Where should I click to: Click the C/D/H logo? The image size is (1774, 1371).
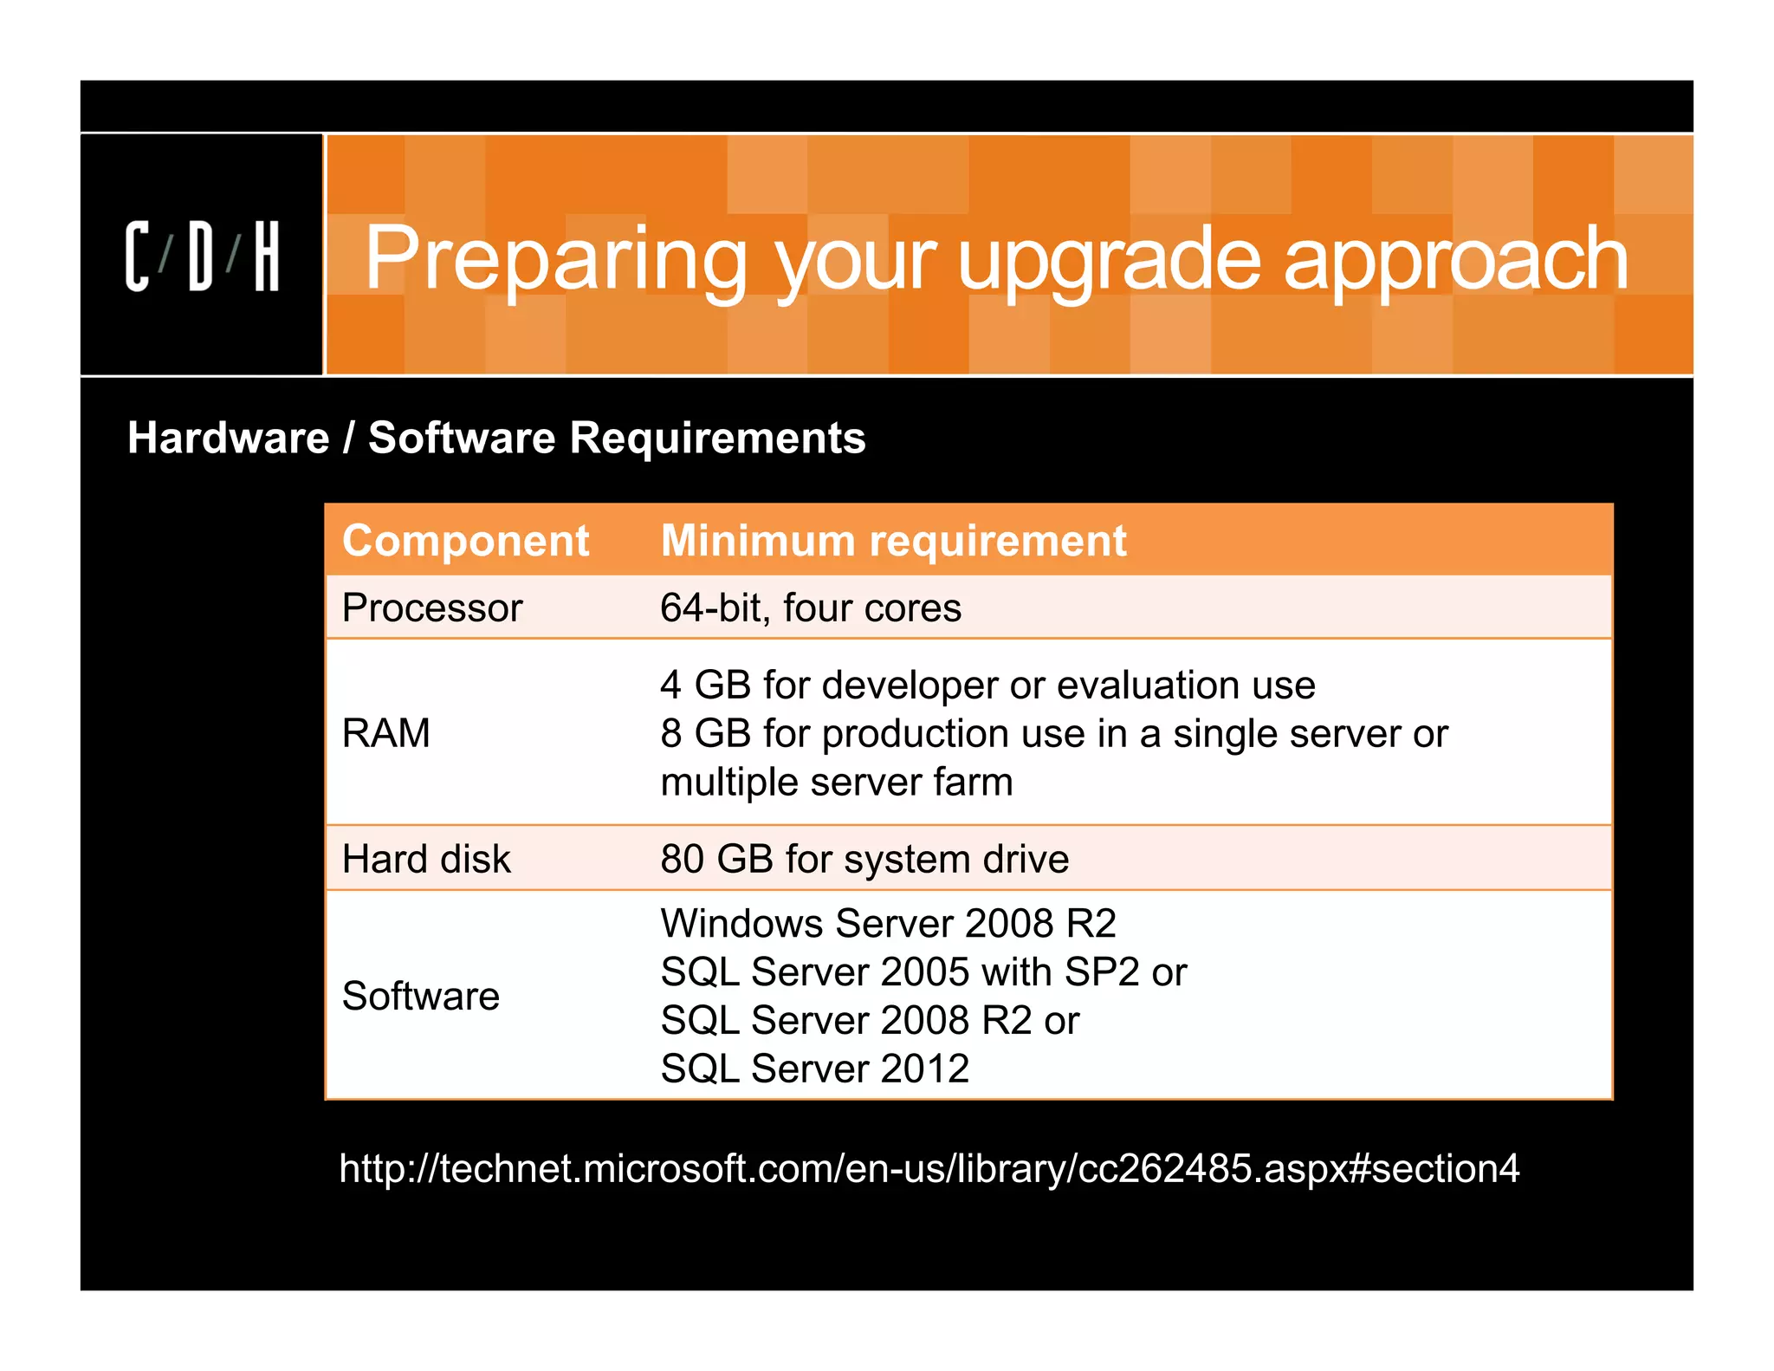click(x=202, y=256)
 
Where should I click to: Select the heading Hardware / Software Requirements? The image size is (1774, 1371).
click(x=496, y=438)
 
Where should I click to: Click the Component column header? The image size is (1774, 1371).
click(x=465, y=541)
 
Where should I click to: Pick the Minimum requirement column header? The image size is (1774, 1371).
click(x=893, y=541)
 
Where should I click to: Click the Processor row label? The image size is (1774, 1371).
click(x=432, y=608)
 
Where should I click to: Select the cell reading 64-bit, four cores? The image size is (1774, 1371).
click(x=810, y=608)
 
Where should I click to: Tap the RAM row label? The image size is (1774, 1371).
click(x=385, y=733)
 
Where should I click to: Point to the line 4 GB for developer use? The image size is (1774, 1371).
click(x=987, y=685)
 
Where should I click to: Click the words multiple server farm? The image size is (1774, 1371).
click(x=836, y=782)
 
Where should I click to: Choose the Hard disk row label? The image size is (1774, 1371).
click(x=426, y=859)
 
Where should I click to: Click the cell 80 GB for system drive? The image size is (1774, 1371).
click(x=864, y=859)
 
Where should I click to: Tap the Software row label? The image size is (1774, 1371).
click(x=421, y=996)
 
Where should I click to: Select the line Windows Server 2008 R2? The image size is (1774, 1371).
click(x=888, y=923)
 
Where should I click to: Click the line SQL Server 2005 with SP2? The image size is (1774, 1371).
click(x=923, y=971)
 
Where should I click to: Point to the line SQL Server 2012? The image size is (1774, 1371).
click(x=814, y=1068)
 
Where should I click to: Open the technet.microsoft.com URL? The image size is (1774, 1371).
click(x=929, y=1168)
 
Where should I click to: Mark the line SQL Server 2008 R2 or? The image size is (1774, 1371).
click(x=869, y=1020)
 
